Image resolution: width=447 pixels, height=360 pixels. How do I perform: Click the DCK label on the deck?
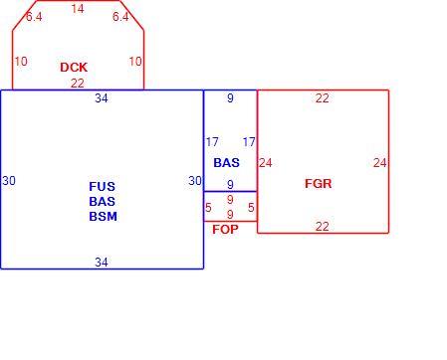tap(74, 68)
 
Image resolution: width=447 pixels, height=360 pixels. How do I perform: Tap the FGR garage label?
tap(319, 184)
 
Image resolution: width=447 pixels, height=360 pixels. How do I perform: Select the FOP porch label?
tap(225, 229)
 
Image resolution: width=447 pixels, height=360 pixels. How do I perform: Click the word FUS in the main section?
tap(103, 186)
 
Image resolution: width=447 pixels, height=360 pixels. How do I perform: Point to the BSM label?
tap(103, 217)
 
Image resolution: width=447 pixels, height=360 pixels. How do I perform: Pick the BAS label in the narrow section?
tap(227, 163)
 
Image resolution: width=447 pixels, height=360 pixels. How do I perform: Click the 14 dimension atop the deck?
tap(78, 9)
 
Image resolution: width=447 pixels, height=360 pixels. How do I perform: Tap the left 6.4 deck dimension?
tap(34, 17)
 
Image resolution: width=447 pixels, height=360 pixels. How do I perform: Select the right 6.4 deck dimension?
tap(120, 17)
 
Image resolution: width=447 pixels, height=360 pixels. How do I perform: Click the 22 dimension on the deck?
tap(78, 84)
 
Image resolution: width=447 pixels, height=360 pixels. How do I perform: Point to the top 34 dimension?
tap(102, 98)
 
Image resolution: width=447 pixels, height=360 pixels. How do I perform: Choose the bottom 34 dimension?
tap(102, 263)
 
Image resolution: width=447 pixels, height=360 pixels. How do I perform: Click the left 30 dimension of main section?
tap(9, 181)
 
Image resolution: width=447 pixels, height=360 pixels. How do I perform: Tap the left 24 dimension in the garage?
tap(266, 163)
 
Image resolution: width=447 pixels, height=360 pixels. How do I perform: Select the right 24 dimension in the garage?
tap(380, 163)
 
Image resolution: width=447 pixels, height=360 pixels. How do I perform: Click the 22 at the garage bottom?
tap(323, 227)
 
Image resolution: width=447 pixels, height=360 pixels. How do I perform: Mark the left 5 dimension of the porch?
tap(208, 208)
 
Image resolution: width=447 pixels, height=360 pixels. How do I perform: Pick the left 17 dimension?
tap(212, 142)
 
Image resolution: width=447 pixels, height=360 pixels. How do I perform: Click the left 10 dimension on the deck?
tap(21, 62)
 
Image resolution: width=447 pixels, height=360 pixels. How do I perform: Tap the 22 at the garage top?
tap(323, 98)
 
